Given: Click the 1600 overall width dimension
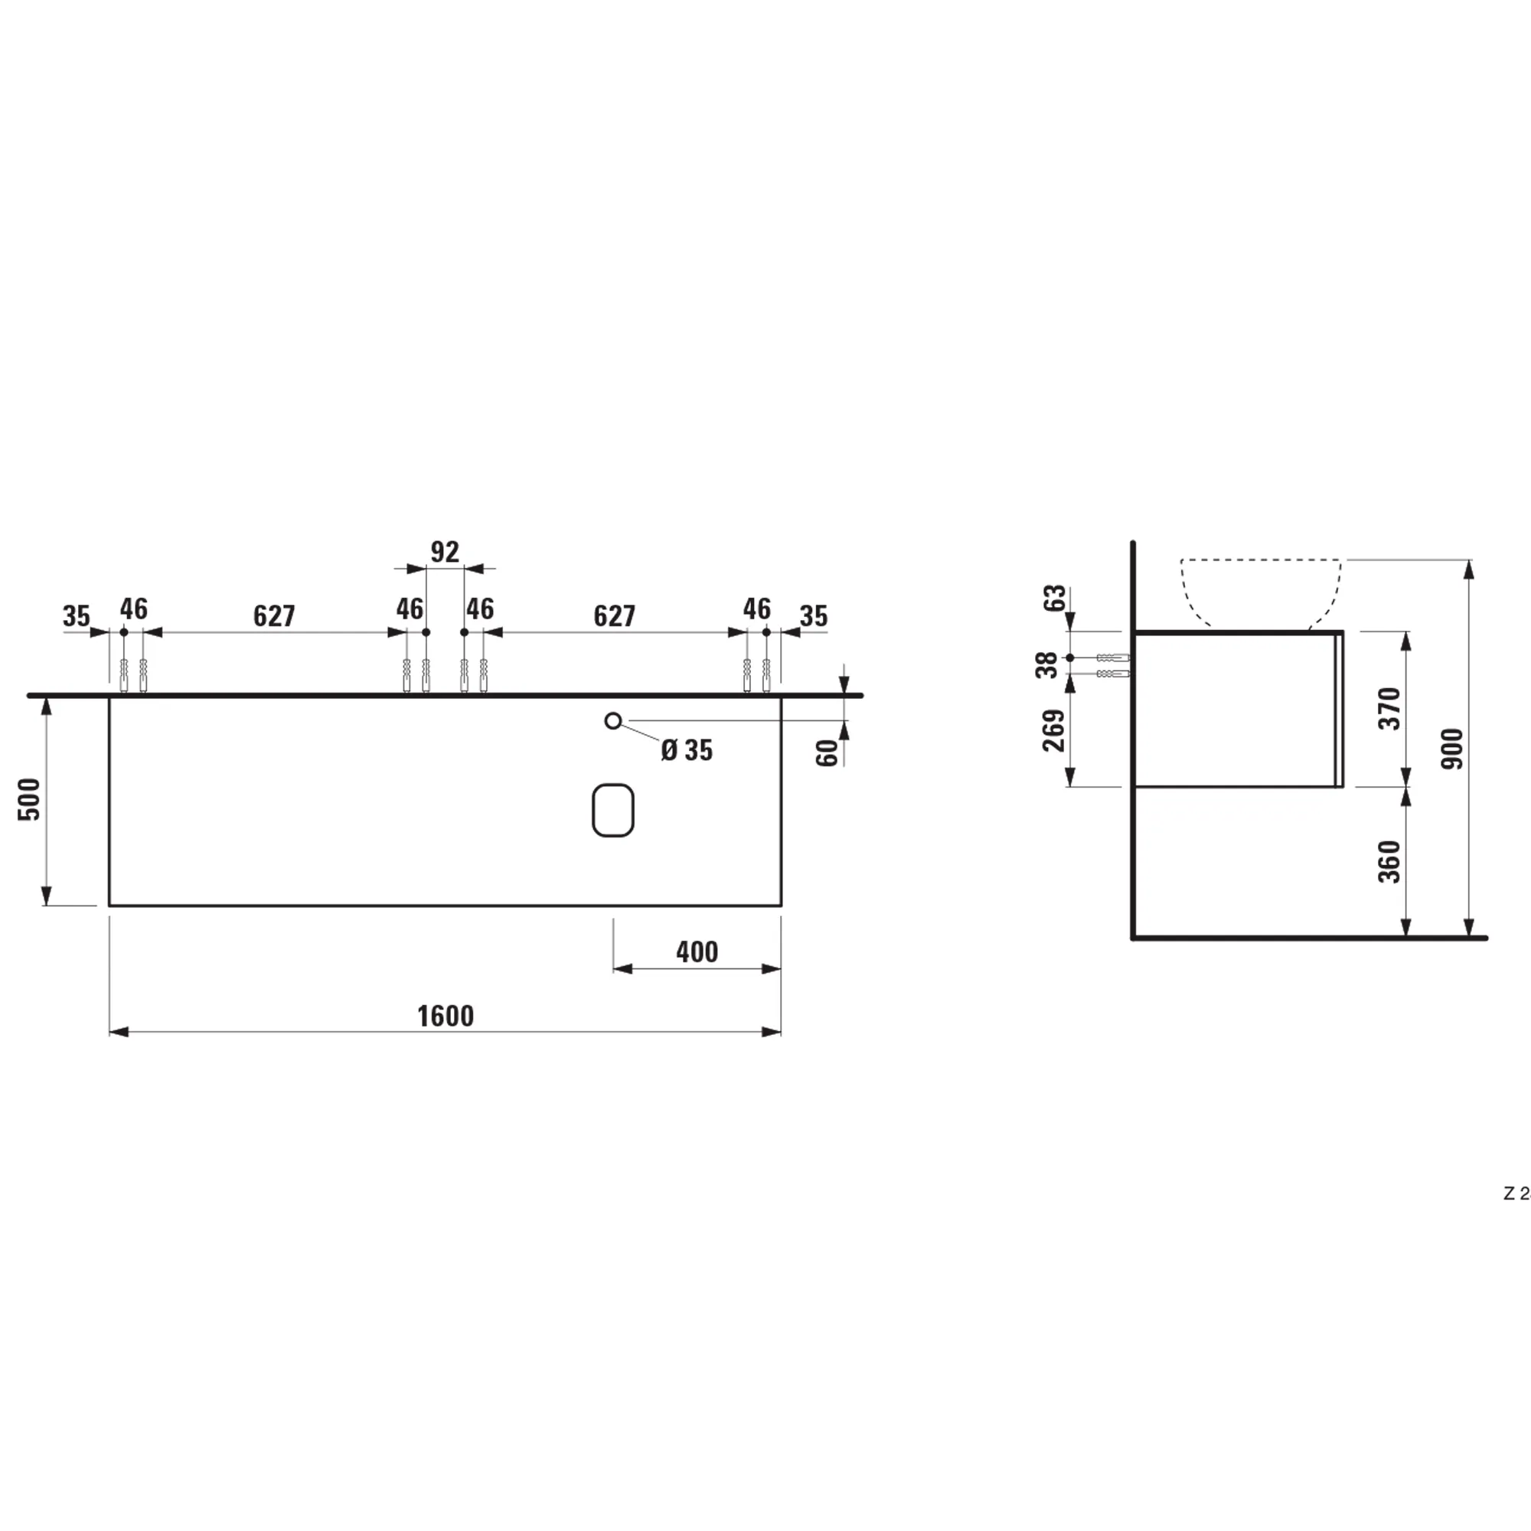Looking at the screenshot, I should pos(446,1016).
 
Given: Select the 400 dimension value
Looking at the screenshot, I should pos(697,952).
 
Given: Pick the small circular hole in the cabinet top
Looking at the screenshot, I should pos(612,720).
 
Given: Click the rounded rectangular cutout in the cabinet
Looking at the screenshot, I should pos(612,810).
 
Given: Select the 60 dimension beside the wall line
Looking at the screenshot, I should pos(827,752).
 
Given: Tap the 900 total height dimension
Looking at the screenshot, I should pos(1453,748).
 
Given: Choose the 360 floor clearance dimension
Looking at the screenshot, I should pos(1389,861).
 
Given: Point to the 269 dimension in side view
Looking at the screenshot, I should pos(1053,730).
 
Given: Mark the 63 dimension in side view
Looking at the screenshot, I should pos(1054,598).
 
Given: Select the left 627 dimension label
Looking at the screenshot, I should pos(274,615).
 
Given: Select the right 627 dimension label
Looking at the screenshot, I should pos(614,615).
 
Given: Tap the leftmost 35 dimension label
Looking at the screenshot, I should pos(77,615).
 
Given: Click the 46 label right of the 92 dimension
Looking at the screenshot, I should pos(480,609).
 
